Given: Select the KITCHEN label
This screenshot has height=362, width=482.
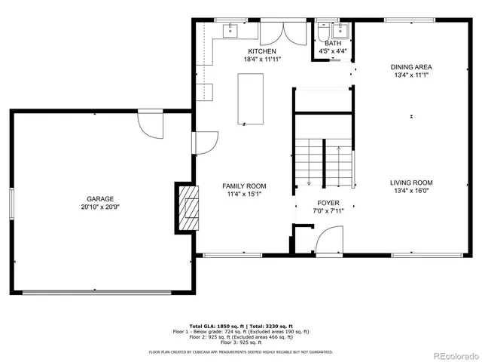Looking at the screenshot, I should (261, 51).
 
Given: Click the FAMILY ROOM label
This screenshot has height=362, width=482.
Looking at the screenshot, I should (243, 186).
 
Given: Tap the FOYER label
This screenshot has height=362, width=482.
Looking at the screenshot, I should (328, 202).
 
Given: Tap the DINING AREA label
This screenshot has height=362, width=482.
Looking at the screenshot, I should (411, 67).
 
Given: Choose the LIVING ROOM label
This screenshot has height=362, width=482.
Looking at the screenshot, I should (411, 183).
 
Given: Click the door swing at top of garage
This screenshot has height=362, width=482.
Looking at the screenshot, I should (149, 124).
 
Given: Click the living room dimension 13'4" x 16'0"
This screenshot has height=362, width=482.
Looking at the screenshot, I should (411, 191).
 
